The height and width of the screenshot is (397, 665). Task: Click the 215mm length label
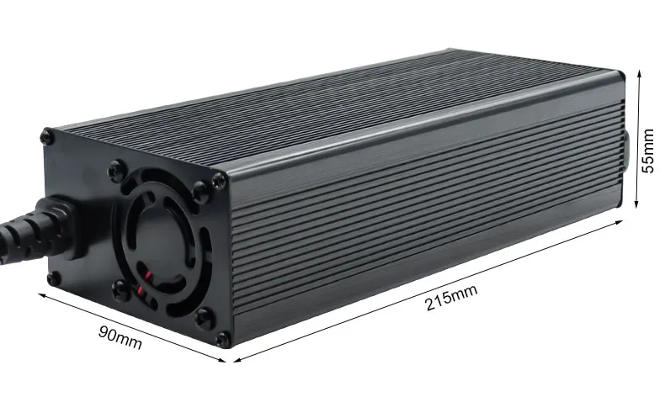[x=451, y=297]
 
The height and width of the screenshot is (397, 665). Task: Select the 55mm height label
[x=649, y=150]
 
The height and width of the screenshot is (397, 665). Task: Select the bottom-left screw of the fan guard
[x=119, y=291]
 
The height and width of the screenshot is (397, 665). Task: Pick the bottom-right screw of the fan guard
[x=202, y=316]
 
